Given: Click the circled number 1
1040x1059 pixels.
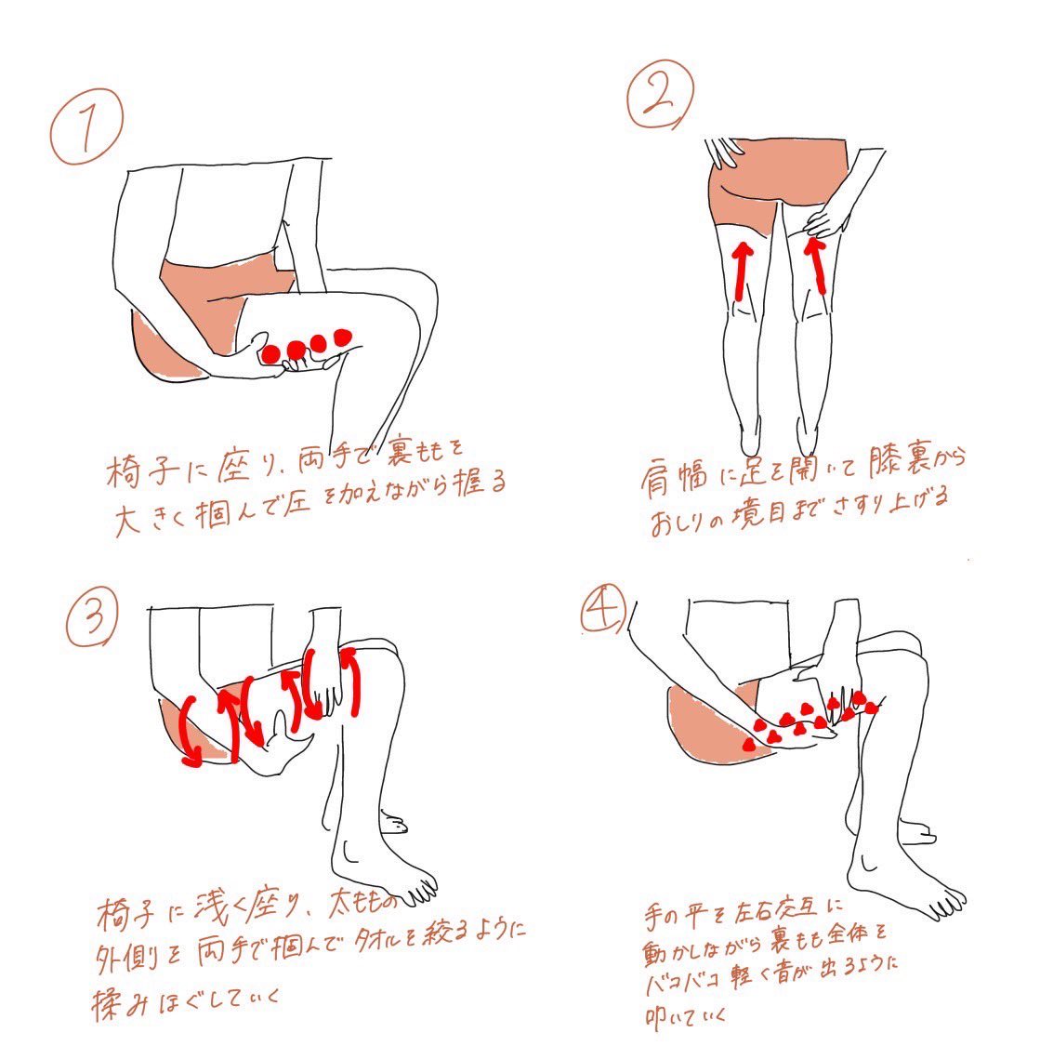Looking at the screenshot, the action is pos(87,126).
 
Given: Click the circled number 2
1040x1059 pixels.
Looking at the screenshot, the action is pos(660,94).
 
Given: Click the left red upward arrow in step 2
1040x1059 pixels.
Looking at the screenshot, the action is pos(743,271).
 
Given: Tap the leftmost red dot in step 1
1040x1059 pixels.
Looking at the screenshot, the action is pos(271,353).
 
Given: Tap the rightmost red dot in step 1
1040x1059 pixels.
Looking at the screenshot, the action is pos(343,337).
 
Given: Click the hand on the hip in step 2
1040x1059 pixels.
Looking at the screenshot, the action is pos(722,152).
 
